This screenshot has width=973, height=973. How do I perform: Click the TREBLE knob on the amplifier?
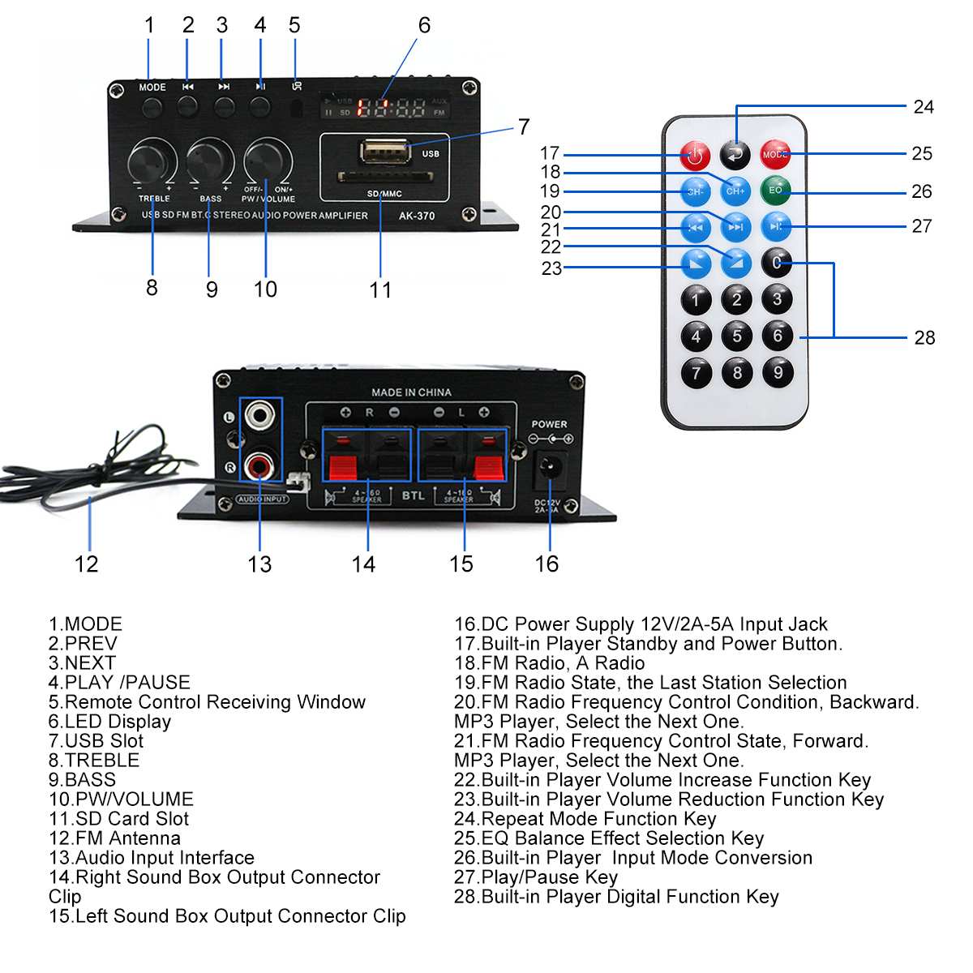152,162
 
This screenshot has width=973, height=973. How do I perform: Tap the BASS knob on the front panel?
210,162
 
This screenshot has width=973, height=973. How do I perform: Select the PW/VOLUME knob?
267,161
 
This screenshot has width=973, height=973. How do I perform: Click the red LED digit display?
391,108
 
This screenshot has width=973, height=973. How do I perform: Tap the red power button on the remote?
695,154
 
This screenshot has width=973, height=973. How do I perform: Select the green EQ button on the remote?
776,191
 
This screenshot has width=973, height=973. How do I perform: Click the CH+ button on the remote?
735,191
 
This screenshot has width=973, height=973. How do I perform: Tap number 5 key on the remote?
736,336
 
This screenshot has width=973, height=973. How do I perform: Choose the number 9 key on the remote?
778,372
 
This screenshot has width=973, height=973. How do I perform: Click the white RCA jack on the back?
260,416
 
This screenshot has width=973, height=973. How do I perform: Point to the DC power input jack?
551,469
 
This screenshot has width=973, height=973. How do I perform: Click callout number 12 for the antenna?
86,564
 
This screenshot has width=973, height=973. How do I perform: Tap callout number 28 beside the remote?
924,338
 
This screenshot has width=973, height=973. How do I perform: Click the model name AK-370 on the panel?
417,216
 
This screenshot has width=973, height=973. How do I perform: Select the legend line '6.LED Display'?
109,722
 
